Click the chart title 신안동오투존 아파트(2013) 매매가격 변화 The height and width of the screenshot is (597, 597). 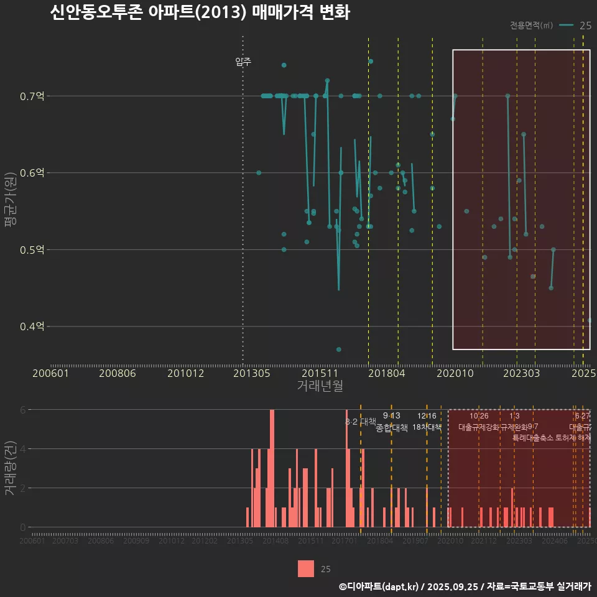[200, 12]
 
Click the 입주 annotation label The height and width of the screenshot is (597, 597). [243, 62]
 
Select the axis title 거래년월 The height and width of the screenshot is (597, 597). [320, 386]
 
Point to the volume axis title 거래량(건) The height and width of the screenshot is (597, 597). [9, 468]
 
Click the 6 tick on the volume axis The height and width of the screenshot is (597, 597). [23, 410]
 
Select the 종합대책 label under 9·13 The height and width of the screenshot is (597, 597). [392, 428]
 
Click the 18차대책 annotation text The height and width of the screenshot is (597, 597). [427, 427]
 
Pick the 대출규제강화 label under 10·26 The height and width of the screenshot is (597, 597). [479, 427]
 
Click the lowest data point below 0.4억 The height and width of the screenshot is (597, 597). [338, 349]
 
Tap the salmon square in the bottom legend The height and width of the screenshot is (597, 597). [306, 568]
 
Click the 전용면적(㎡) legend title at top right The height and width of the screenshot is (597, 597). [531, 25]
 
